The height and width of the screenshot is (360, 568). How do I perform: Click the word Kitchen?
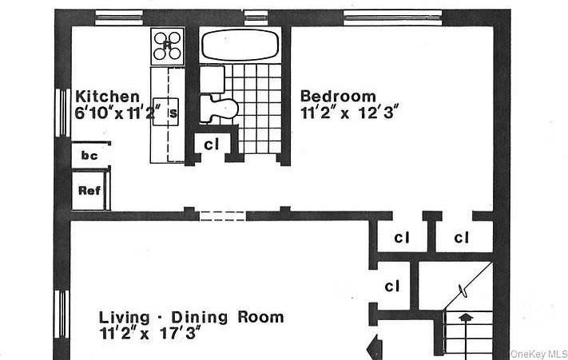point(107,97)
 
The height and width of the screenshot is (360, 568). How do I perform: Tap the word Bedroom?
point(339,97)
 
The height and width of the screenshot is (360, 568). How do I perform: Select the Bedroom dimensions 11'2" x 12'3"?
point(350,113)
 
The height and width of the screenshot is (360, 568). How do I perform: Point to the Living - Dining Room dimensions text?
point(149,333)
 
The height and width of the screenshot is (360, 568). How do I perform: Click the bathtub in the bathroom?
point(240,45)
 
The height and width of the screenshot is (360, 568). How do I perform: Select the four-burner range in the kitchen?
point(167,46)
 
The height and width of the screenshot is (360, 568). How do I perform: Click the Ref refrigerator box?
point(90,191)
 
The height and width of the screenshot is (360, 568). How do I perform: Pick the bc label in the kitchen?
point(89,156)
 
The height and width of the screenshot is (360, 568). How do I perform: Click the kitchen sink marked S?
point(165,112)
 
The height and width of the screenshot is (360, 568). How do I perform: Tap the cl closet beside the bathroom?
point(212,144)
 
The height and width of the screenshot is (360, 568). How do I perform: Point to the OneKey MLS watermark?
point(538,354)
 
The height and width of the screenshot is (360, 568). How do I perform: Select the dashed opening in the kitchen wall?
point(223,216)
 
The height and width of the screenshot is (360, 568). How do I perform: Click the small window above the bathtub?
point(256,18)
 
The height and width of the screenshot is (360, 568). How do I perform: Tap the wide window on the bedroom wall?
point(393,18)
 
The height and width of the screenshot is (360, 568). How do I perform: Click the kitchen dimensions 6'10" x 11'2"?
point(117,113)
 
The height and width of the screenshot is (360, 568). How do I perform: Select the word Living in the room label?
point(125,318)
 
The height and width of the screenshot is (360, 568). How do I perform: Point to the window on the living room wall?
point(62,314)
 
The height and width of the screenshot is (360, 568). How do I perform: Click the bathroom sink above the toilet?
point(213,78)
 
